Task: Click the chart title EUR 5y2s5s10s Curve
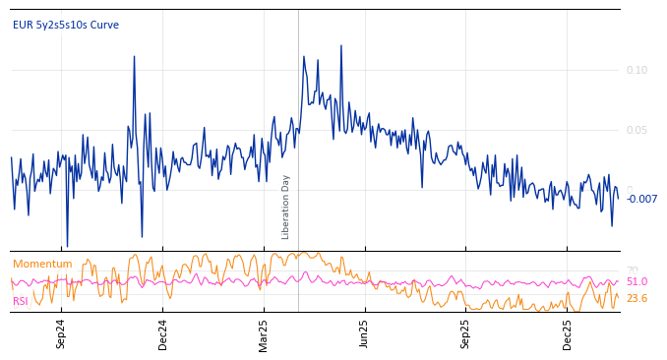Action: (65, 25)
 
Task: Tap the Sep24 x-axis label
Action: (61, 333)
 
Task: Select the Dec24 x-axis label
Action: (163, 333)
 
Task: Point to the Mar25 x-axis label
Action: (264, 333)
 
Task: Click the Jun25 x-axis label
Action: (364, 333)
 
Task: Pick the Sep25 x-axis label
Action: (465, 333)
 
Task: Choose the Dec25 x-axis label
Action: (567, 333)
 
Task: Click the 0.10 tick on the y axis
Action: (637, 70)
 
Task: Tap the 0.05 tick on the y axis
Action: (637, 130)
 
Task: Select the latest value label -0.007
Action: (641, 199)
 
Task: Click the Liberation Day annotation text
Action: (286, 207)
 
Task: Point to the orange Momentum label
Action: (42, 264)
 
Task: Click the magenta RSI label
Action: (21, 301)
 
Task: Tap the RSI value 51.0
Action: (637, 281)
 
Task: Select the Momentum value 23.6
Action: (637, 298)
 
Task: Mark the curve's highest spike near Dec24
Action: (134, 56)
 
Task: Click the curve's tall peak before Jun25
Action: (341, 45)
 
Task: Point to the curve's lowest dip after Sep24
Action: (67, 246)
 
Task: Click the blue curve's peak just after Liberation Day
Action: (304, 57)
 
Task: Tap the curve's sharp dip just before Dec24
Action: (142, 236)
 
